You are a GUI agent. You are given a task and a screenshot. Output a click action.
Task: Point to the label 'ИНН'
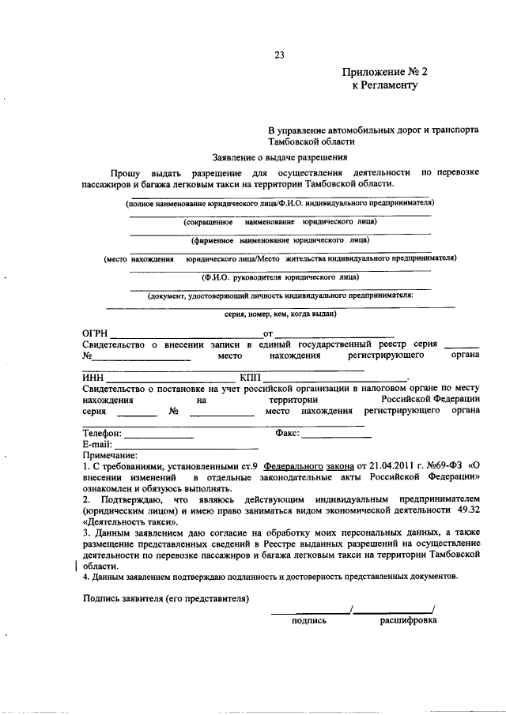(93, 378)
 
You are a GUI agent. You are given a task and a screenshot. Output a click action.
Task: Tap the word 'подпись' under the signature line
(309, 620)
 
